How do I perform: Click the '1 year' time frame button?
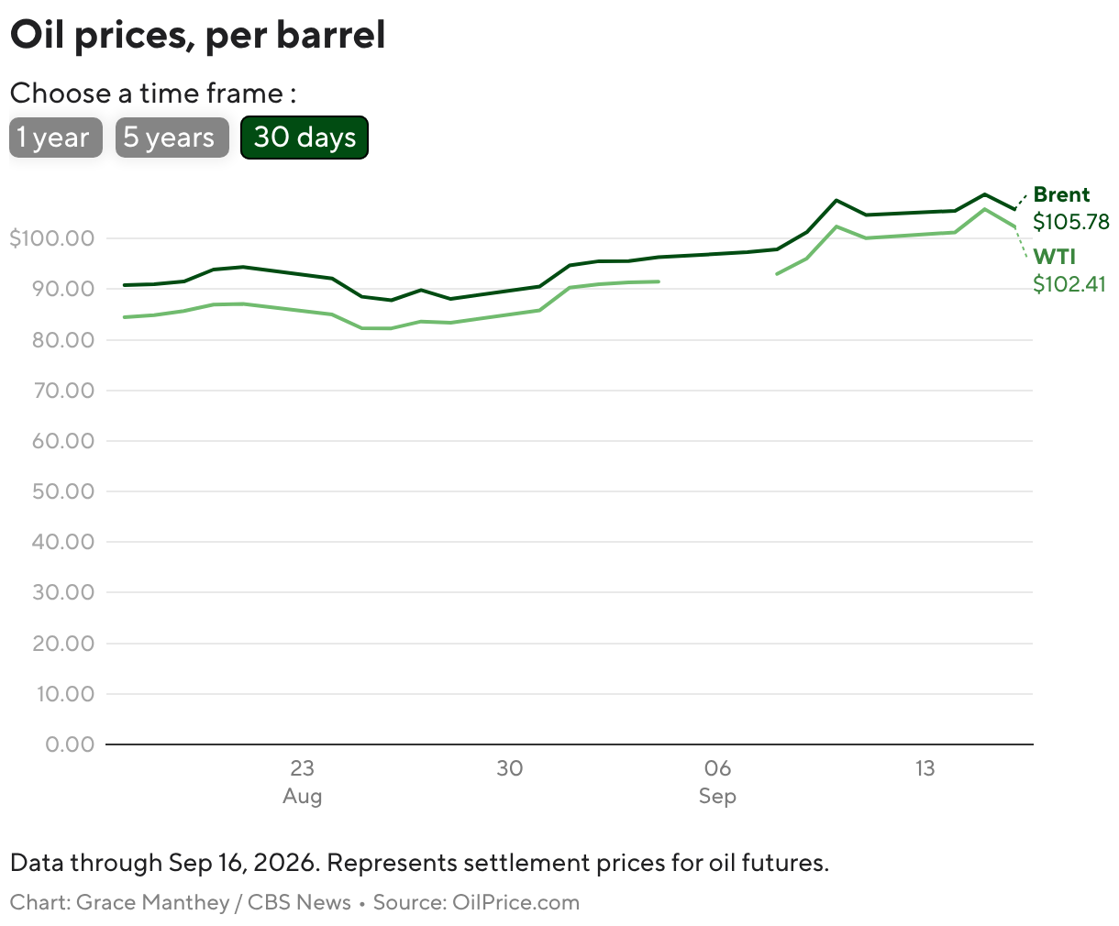pos(56,138)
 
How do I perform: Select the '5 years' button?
pos(172,138)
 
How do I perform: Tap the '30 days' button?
pos(305,138)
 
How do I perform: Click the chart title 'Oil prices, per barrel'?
pos(198,35)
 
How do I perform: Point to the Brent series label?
pos(1061,194)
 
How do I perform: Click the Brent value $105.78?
pos(1070,222)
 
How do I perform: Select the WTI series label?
pos(1054,257)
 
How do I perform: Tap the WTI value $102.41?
pos(1069,284)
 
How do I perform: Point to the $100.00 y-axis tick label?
pos(52,238)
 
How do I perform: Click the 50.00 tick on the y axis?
pos(63,491)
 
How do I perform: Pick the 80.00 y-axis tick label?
pos(63,340)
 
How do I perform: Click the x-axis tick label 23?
pos(303,768)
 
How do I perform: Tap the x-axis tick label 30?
pos(510,768)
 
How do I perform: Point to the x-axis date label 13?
pos(925,768)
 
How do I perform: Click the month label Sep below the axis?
pos(717,797)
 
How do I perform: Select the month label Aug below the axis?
pos(303,797)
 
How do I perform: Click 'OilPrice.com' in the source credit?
pos(516,902)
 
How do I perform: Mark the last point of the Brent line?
pos(1014,209)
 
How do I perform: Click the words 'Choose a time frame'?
pos(147,94)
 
